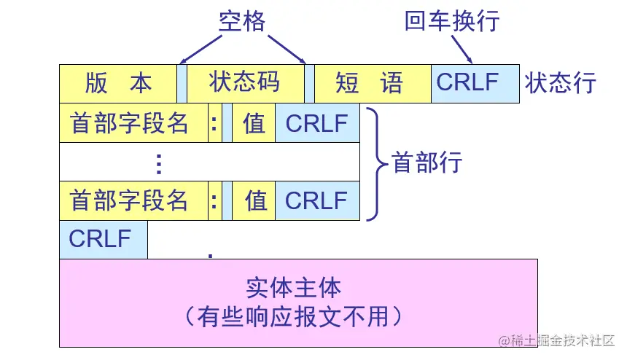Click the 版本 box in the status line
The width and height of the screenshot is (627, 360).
point(118,83)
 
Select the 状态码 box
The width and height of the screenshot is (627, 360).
point(245,83)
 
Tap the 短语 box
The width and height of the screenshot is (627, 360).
point(373,83)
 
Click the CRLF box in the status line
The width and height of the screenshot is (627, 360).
point(475,82)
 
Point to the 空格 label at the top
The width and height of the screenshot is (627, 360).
point(242,21)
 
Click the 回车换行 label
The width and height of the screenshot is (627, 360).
point(452,21)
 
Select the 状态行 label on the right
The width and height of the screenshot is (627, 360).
point(561,83)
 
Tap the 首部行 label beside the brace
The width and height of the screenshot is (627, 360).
point(427,163)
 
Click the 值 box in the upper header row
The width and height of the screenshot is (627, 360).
point(254,124)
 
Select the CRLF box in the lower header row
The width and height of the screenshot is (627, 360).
point(317,201)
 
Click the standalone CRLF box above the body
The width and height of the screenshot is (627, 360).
point(103,239)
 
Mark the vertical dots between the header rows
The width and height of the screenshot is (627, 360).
point(158,163)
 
